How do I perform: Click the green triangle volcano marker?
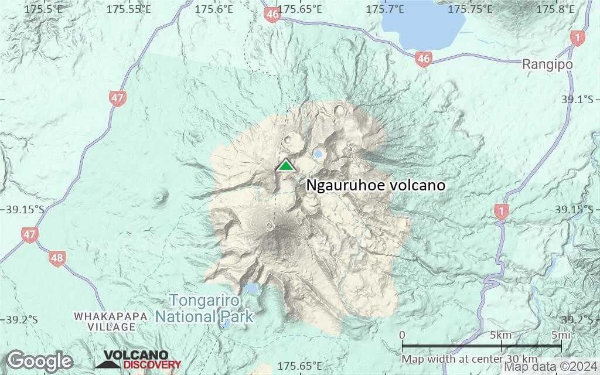(285, 165)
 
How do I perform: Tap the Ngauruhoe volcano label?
(376, 185)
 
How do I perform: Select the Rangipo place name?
(547, 64)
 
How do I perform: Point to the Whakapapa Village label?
(111, 321)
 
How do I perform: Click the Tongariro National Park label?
(204, 309)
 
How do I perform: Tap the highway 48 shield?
(57, 257)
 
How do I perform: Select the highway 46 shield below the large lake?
(422, 59)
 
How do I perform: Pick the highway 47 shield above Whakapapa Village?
(30, 235)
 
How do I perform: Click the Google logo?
(39, 360)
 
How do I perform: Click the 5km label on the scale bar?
(500, 335)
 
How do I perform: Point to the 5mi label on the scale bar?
(561, 335)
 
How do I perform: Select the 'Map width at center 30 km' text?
(469, 359)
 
